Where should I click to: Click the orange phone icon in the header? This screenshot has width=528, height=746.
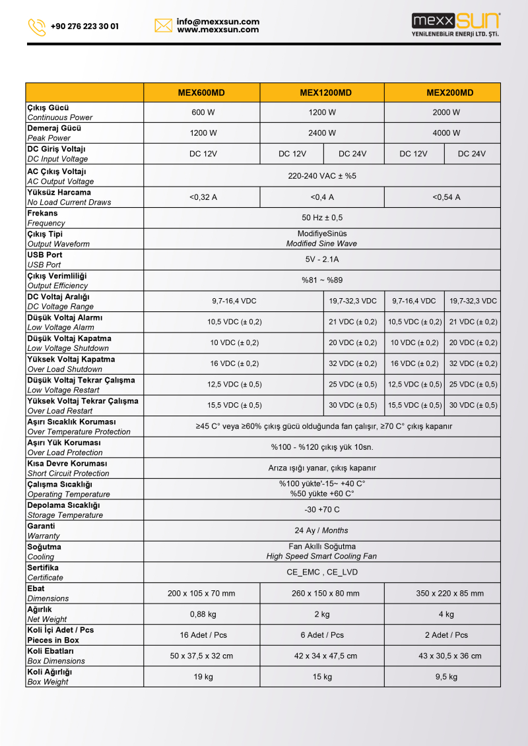coord(37,26)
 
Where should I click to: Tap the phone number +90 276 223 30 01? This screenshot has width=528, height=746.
coord(84,26)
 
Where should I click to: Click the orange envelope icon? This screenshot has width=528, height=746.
coord(163,26)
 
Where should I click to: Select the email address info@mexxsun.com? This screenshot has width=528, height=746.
coord(218,22)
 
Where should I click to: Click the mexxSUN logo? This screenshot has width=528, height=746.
coord(455,25)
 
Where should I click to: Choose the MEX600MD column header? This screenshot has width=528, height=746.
coord(201,92)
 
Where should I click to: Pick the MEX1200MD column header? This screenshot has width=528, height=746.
coord(321,92)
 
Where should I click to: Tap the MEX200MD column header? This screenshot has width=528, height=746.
coord(449,92)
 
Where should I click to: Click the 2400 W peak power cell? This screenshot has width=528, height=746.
coord(322,133)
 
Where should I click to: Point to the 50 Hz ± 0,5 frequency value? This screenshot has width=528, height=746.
coord(322,218)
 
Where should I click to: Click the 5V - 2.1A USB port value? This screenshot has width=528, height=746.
coord(322,260)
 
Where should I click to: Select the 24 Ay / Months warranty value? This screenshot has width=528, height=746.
coord(321,530)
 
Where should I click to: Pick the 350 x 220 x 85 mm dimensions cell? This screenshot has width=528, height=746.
coord(449,594)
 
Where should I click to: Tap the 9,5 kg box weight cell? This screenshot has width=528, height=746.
coord(446,677)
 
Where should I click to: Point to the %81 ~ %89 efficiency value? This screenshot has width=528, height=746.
coord(322,280)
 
